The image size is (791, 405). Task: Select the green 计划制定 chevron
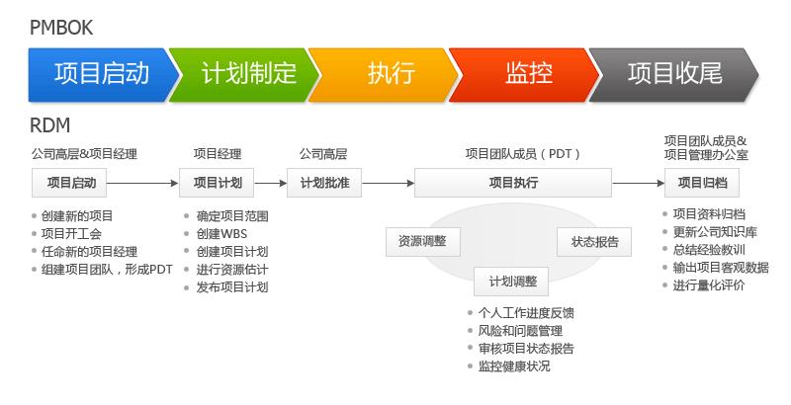(x=247, y=73)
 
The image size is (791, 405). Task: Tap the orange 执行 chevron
(x=390, y=73)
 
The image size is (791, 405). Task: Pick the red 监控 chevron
(x=529, y=73)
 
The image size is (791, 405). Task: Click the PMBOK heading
(x=61, y=27)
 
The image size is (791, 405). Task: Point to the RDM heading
(x=49, y=126)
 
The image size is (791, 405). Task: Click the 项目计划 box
(x=217, y=183)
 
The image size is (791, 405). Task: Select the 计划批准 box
(x=323, y=183)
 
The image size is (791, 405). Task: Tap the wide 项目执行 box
(x=513, y=183)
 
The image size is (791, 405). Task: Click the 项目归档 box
(x=702, y=183)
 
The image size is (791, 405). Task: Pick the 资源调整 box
(x=421, y=241)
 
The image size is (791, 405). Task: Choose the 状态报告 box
(x=595, y=241)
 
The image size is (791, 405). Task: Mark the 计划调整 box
(x=511, y=282)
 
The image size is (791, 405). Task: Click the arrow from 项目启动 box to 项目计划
(x=142, y=183)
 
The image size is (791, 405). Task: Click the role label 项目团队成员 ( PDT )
(x=522, y=154)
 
